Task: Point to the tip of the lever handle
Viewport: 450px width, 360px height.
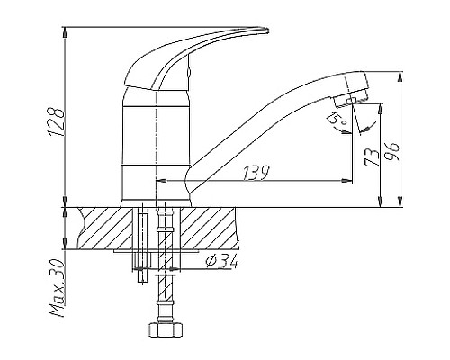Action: click(265, 34)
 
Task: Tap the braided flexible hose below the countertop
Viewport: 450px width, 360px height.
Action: click(164, 288)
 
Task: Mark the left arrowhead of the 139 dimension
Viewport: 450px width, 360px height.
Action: click(161, 181)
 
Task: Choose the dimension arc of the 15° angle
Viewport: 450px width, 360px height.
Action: click(342, 130)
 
